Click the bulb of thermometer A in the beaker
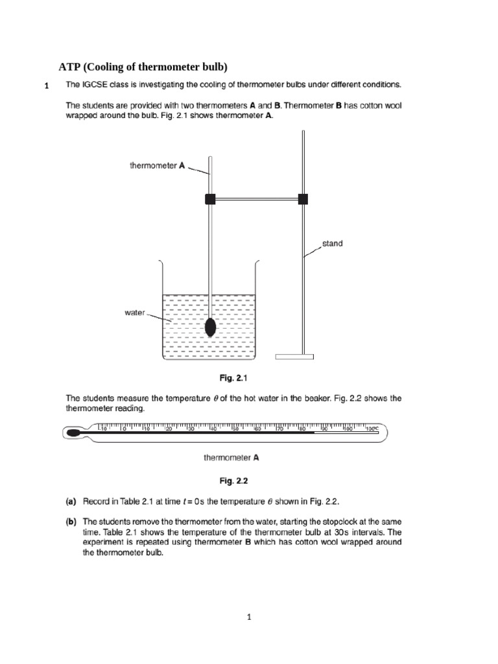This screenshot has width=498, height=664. (211, 327)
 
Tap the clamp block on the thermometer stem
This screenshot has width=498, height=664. (209, 199)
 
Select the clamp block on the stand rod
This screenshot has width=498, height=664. (303, 199)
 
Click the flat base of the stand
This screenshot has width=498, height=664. (294, 356)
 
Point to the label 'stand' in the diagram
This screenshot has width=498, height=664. (332, 244)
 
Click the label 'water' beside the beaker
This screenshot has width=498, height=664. (134, 313)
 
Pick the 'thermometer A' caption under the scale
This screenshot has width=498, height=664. (231, 457)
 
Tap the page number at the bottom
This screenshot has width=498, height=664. (248, 617)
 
